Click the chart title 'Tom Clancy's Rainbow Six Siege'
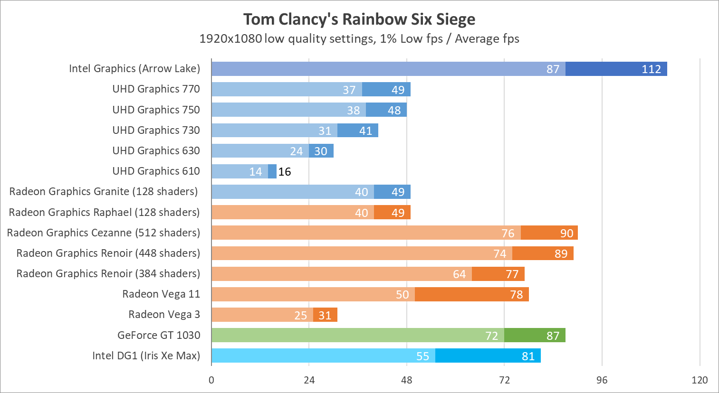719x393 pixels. coord(359,19)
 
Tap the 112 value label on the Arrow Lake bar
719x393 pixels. coord(651,69)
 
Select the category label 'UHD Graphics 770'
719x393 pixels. coord(156,89)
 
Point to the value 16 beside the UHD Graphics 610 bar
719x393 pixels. coord(285,172)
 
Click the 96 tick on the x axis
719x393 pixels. coord(602,380)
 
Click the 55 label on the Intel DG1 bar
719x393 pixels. coord(422,356)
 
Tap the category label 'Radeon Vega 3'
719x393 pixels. coord(164,315)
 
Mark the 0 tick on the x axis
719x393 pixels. coord(211,380)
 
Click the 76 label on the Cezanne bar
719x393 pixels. coord(508,234)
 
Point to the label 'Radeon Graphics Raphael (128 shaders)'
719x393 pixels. coord(104,212)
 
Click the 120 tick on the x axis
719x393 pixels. coord(700,380)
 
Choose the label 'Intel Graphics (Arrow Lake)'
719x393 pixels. coord(134,69)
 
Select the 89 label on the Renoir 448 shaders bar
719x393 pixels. coord(561,254)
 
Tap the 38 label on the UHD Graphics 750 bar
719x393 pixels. coord(353,111)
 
